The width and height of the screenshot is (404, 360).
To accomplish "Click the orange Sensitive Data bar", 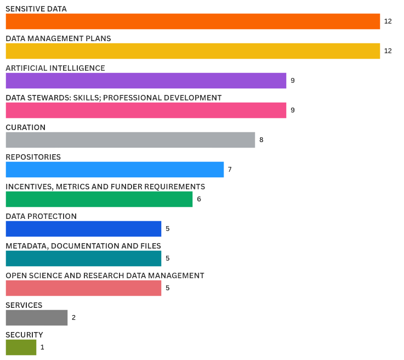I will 193,21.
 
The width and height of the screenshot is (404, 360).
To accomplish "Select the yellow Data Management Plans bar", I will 193,51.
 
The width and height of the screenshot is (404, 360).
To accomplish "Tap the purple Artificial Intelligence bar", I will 146,81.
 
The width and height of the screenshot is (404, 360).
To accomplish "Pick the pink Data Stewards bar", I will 146,110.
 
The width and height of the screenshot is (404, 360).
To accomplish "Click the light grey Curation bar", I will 130,140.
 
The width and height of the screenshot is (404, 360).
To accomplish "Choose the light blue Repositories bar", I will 115,170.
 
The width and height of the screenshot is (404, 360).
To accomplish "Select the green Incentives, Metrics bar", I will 99,199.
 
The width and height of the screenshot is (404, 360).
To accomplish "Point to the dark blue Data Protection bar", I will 83,229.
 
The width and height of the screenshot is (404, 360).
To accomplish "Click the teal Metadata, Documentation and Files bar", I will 83,258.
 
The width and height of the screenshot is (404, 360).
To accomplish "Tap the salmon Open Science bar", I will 83,288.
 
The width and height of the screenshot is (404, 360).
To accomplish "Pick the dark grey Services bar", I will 37,318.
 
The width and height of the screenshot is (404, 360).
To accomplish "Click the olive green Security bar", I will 21,347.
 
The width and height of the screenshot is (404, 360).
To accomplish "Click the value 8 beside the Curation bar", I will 261,140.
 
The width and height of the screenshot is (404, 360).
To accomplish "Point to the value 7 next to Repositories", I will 230,170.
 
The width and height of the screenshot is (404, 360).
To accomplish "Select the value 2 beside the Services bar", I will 73,318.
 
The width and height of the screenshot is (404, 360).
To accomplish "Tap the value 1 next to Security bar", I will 42,347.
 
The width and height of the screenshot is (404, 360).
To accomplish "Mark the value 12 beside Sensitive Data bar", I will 388,21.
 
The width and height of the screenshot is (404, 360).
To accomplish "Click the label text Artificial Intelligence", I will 55,68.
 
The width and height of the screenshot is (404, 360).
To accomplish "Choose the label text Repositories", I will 33,157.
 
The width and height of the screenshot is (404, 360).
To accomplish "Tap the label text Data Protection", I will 41,216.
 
